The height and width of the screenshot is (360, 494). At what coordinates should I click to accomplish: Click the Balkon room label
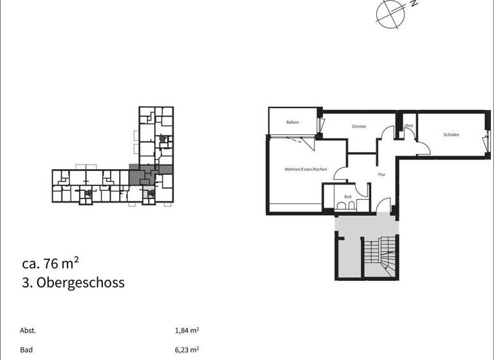pyautogui.click(x=293, y=122)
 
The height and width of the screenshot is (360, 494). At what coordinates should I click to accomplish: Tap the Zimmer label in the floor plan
pyautogui.click(x=359, y=127)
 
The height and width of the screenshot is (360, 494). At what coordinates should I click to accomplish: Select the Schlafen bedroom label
pyautogui.click(x=451, y=135)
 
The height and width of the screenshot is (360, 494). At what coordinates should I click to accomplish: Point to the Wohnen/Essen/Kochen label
pyautogui.click(x=306, y=169)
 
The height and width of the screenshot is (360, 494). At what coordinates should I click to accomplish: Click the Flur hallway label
pyautogui.click(x=381, y=174)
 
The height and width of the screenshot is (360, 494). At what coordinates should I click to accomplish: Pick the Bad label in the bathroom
pyautogui.click(x=347, y=197)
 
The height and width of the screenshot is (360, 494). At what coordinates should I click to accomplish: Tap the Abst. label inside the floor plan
pyautogui.click(x=408, y=126)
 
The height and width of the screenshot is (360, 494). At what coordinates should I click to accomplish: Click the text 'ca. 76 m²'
pyautogui.click(x=50, y=263)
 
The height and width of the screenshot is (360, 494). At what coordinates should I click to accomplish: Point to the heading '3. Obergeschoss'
pyautogui.click(x=73, y=283)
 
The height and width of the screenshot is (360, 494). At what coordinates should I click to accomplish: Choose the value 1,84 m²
pyautogui.click(x=187, y=330)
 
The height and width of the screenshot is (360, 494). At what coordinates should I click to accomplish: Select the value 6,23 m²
pyautogui.click(x=187, y=350)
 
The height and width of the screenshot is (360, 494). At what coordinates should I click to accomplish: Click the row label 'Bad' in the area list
pyautogui.click(x=26, y=350)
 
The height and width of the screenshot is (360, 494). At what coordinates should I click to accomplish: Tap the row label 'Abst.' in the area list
pyautogui.click(x=28, y=330)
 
